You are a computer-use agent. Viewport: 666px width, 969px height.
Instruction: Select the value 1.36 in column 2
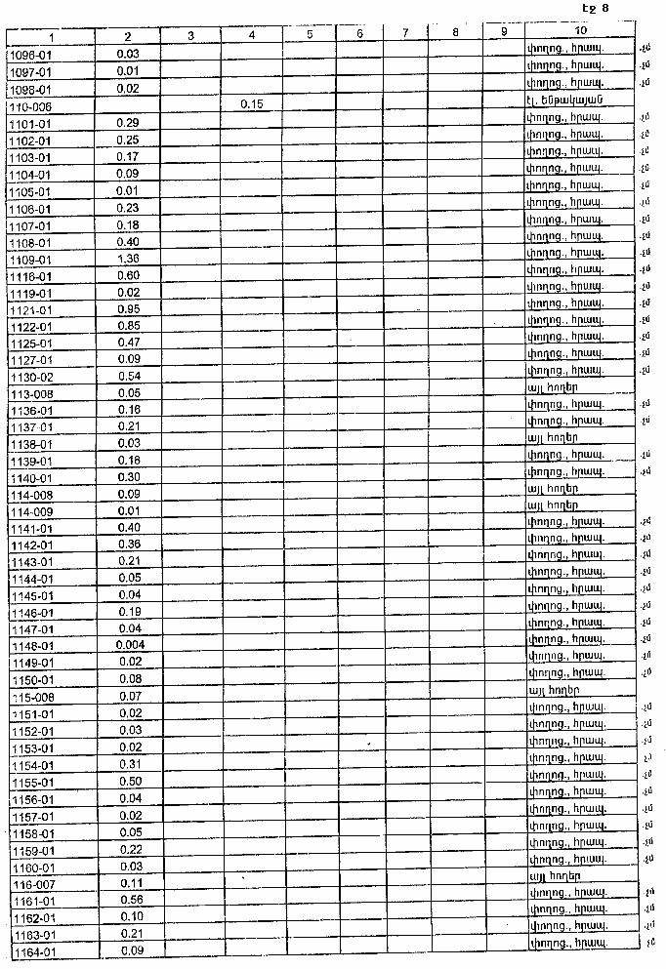pyautogui.click(x=128, y=259)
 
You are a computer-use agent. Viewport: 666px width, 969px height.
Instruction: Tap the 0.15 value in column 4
pyautogui.click(x=252, y=104)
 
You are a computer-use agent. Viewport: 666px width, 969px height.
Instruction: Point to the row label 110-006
pyautogui.click(x=29, y=105)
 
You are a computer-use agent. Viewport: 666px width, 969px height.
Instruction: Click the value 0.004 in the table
pyautogui.click(x=128, y=645)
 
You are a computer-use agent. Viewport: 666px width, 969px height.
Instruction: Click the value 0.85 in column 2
pyautogui.click(x=128, y=326)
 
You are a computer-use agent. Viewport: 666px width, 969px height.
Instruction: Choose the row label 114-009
pyautogui.click(x=29, y=509)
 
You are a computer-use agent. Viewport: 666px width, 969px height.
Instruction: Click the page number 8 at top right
pyautogui.click(x=605, y=9)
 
